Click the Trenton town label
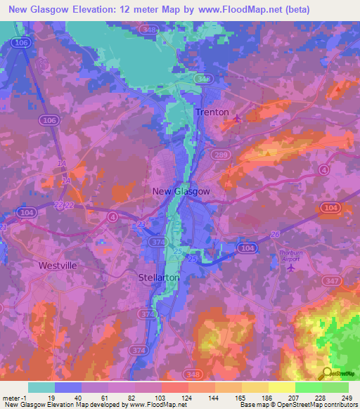tap(212, 112)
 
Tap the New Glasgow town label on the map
tap(181, 191)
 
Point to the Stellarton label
tap(159, 278)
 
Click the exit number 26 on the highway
tap(275, 234)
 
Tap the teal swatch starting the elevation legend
tap(41, 387)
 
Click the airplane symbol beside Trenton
tap(237, 118)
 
